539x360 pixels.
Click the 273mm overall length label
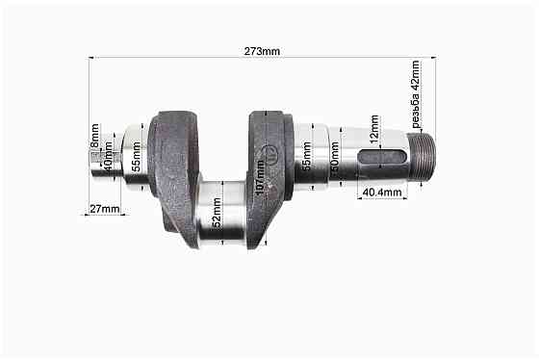pyautogui.click(x=262, y=51)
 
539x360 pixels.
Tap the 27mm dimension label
pyautogui.click(x=105, y=208)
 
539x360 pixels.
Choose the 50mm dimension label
pyautogui.click(x=334, y=158)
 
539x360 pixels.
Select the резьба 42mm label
pyautogui.click(x=416, y=94)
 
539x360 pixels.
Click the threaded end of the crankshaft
pyautogui.click(x=423, y=158)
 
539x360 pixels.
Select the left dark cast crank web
pyautogui.click(x=176, y=168)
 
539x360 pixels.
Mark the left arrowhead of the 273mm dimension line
pyautogui.click(x=91, y=58)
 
